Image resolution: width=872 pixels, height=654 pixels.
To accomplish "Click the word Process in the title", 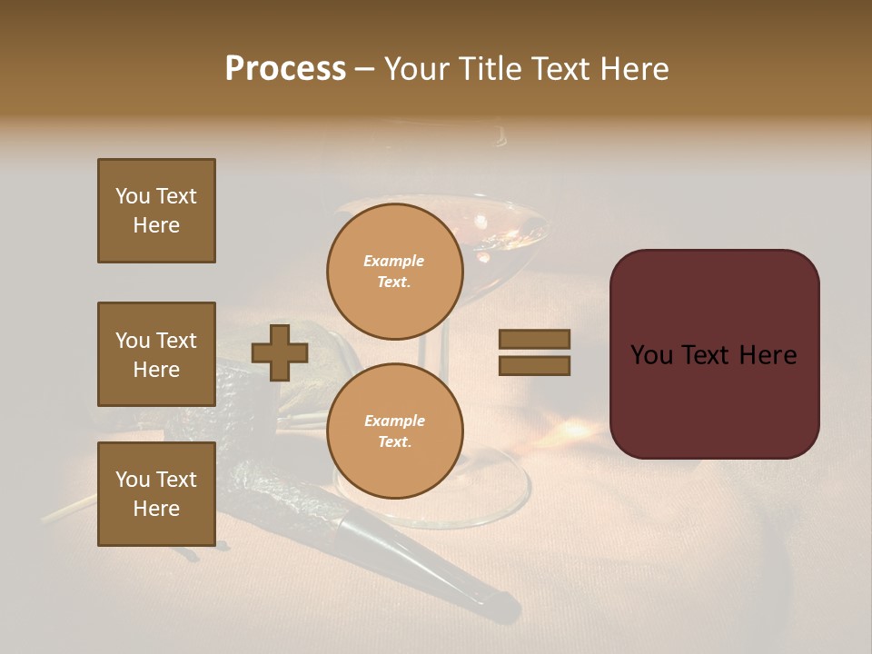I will coord(285,69).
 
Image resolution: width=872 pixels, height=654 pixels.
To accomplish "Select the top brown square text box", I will coord(156,211).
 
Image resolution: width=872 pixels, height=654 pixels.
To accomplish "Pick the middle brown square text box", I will coord(156,354).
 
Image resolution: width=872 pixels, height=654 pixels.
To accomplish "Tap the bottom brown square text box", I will coord(156,494).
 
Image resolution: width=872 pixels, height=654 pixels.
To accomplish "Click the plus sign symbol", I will coord(280,352).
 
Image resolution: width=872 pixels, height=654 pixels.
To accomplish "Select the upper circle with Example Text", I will coord(395,272).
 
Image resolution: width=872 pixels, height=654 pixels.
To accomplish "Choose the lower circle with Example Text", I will coord(395,431).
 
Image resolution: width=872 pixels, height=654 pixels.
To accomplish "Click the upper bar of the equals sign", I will coord(534,339).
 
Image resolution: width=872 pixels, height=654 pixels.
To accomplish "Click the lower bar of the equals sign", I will coord(534,366).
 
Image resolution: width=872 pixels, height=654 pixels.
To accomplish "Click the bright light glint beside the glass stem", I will coord(574,427).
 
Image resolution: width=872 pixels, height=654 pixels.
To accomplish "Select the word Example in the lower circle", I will coord(395,421).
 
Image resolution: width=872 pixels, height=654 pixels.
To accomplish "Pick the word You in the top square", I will coord(133,196).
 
